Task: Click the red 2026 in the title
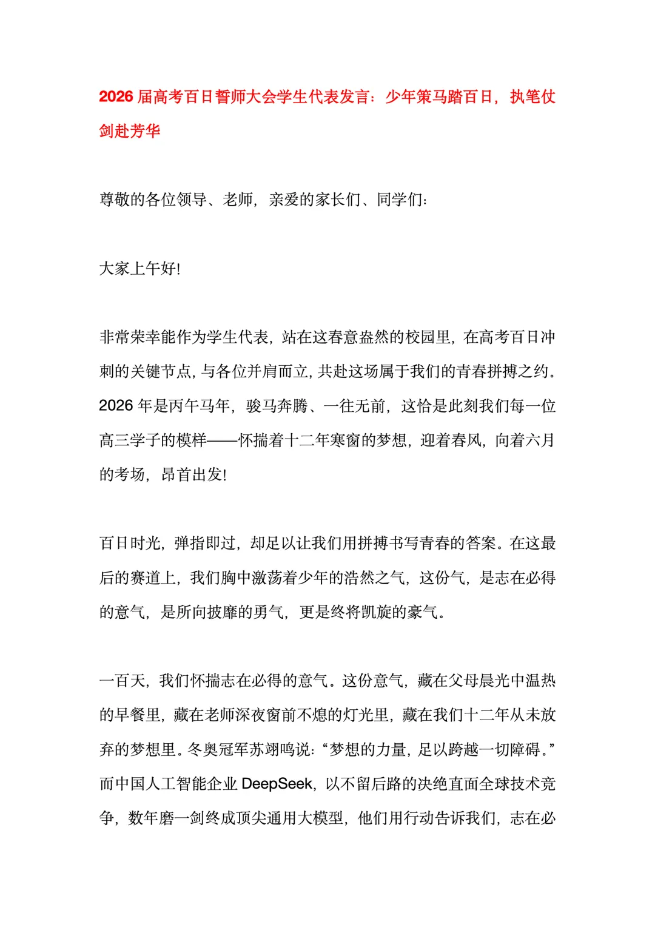[x=116, y=97]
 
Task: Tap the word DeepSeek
[x=277, y=784]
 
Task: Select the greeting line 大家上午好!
[x=139, y=269]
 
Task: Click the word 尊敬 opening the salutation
[x=115, y=200]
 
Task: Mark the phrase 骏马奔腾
[x=277, y=406]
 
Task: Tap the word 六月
[x=540, y=440]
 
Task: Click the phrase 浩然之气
[x=375, y=578]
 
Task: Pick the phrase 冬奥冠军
[x=218, y=750]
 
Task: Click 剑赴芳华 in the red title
[x=130, y=131]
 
